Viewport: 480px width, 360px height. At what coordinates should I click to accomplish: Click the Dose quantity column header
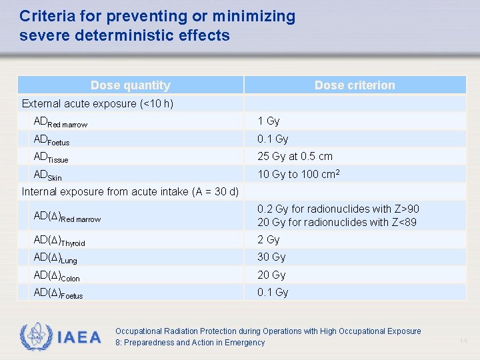[131, 85]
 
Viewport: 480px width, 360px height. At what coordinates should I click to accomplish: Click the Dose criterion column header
[355, 85]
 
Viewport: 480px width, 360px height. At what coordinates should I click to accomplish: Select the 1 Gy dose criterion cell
[269, 121]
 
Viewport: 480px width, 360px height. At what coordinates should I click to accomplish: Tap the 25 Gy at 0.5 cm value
[295, 157]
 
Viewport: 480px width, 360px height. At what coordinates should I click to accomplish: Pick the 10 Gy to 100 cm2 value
[299, 175]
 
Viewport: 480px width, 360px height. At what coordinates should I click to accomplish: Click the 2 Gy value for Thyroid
[269, 240]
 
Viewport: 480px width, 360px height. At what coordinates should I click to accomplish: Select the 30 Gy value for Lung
[271, 257]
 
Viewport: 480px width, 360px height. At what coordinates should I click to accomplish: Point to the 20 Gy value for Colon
[271, 275]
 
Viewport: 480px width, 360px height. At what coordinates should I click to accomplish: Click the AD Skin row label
[48, 175]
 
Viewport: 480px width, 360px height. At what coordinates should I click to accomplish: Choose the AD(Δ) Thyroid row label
[59, 241]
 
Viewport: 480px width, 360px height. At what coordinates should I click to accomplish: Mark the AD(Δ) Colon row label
[57, 275]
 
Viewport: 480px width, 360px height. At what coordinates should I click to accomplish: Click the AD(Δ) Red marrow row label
[67, 217]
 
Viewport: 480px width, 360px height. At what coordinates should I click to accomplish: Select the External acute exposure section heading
[97, 103]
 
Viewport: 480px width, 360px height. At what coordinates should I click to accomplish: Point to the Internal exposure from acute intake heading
[130, 192]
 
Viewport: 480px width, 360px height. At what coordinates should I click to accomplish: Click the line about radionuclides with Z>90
[338, 209]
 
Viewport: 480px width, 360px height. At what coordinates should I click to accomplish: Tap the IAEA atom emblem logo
[34, 337]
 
